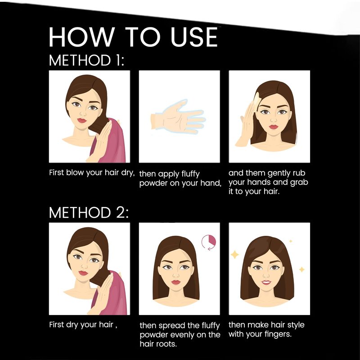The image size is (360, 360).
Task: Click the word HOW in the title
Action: [x=81, y=37]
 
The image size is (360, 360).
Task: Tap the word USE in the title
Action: [x=194, y=37]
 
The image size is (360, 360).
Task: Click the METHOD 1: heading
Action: [x=86, y=60]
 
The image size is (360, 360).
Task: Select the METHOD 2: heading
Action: [x=89, y=212]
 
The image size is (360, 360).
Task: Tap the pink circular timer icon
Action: [x=209, y=242]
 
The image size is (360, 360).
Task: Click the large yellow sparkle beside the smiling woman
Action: [x=234, y=255]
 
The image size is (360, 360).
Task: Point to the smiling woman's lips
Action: [x=266, y=282]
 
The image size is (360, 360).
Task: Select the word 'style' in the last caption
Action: [x=296, y=325]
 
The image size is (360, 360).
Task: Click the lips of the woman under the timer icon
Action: [x=175, y=282]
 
